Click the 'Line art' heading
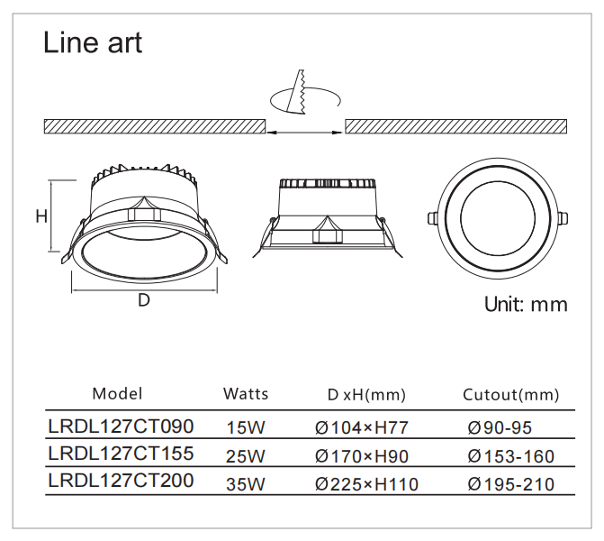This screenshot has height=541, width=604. pyautogui.click(x=93, y=42)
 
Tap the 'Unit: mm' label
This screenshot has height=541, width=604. pyautogui.click(x=526, y=304)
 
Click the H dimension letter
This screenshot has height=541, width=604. pyautogui.click(x=41, y=216)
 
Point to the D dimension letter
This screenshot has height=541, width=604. pyautogui.click(x=143, y=301)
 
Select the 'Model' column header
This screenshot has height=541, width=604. pyautogui.click(x=117, y=394)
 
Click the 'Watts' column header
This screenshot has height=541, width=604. pyautogui.click(x=246, y=394)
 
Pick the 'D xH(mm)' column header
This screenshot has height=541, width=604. pyautogui.click(x=366, y=395)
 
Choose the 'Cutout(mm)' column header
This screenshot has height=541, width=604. pyautogui.click(x=510, y=395)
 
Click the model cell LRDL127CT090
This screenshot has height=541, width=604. pyautogui.click(x=121, y=425)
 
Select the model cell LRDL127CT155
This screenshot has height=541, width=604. pyautogui.click(x=121, y=453)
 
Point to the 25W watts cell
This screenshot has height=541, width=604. pyautogui.click(x=246, y=456)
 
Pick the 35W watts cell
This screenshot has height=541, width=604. pyautogui.click(x=246, y=485)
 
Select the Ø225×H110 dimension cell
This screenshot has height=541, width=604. pyautogui.click(x=366, y=485)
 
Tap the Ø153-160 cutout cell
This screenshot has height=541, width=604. pyautogui.click(x=511, y=456)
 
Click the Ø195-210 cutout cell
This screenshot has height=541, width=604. pyautogui.click(x=511, y=485)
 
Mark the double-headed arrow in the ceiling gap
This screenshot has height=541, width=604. pyautogui.click(x=305, y=132)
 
